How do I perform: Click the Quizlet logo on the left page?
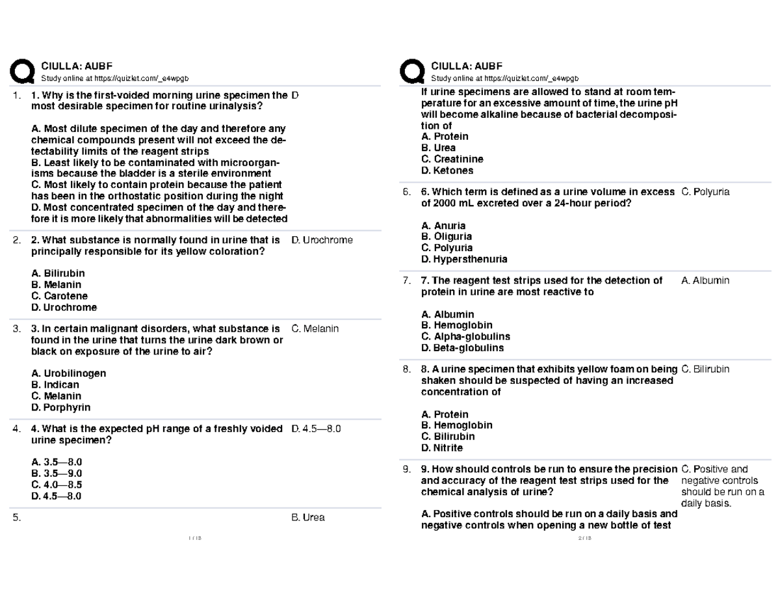21,72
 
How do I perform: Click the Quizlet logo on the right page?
411,72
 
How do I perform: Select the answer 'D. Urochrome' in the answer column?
322,240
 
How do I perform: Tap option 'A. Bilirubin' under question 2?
57,274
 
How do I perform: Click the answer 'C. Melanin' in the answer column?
315,328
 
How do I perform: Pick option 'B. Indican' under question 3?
55,385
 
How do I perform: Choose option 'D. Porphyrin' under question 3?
60,407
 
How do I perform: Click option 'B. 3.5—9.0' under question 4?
56,474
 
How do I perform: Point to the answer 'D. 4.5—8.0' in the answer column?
317,429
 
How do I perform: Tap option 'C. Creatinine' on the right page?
452,159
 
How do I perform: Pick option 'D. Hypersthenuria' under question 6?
464,259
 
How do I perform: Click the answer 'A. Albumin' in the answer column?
705,280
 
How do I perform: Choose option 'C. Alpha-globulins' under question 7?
465,336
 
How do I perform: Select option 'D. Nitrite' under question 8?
442,448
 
